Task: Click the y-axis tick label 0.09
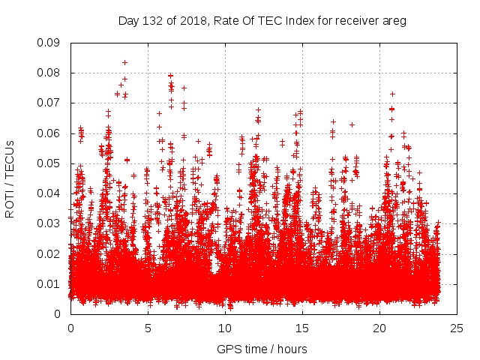[49, 43]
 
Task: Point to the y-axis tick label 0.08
[49, 73]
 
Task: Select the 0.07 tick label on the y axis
[49, 103]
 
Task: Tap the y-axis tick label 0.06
[49, 133]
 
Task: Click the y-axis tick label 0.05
[49, 163]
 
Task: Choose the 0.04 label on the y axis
[49, 193]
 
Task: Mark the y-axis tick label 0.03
[49, 223]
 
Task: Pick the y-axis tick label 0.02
[49, 253]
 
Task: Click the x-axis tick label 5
[148, 328]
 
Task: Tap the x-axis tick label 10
[225, 328]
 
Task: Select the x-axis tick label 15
[302, 328]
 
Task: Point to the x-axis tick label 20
[379, 328]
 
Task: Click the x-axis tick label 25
[457, 328]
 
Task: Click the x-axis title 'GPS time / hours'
[262, 349]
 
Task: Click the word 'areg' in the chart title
[394, 20]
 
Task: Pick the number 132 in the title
[151, 20]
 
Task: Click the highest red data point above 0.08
[124, 62]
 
